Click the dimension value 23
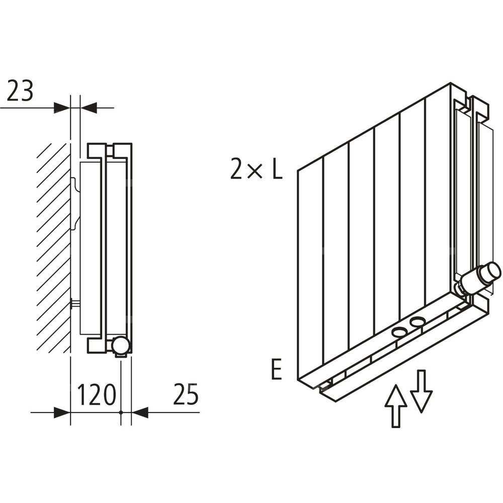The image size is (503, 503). coord(21,92)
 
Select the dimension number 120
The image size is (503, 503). coord(96,396)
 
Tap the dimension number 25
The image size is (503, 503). coord(186,396)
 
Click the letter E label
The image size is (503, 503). coord(276,370)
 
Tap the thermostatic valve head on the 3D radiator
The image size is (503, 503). coord(484,276)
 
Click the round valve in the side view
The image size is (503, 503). coord(121,345)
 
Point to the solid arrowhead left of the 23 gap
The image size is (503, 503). coord(61,107)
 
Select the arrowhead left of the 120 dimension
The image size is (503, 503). coord(61,412)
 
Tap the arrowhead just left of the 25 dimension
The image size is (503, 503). coord(140,412)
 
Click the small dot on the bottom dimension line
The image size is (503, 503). coord(121,412)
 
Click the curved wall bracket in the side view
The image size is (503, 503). coord(75,201)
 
